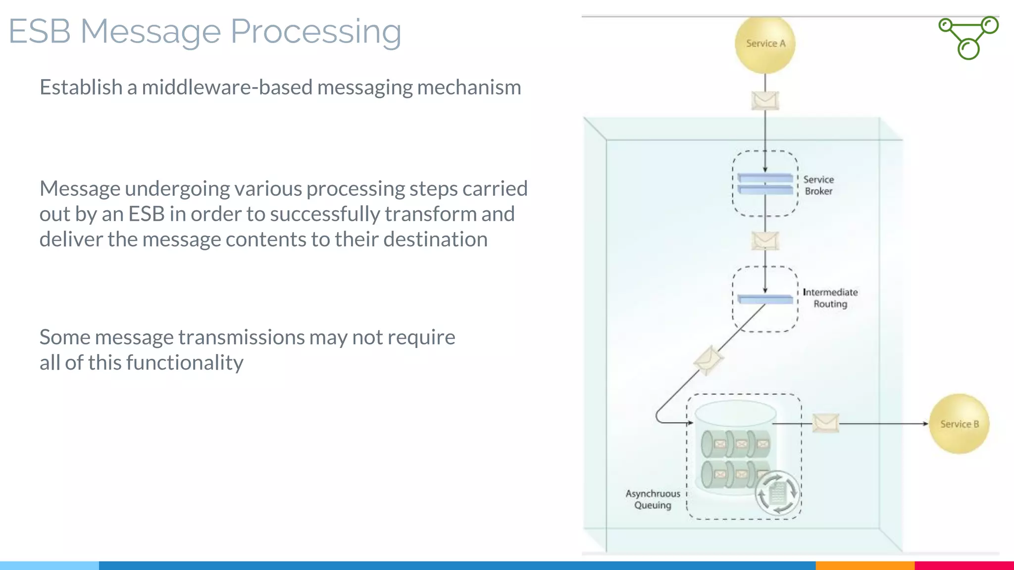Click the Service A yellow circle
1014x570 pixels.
[765, 44]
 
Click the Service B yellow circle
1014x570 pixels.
[959, 424]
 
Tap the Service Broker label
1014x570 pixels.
[818, 185]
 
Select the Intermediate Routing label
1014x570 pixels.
[830, 298]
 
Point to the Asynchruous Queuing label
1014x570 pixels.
[653, 499]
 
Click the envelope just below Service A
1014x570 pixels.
[765, 100]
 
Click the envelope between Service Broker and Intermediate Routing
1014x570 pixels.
[765, 241]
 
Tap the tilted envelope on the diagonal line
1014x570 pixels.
[708, 360]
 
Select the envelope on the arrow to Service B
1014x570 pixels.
[826, 423]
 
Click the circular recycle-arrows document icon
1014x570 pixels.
[777, 493]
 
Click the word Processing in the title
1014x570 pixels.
[316, 32]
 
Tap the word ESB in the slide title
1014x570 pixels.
[40, 32]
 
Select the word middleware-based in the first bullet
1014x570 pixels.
[227, 88]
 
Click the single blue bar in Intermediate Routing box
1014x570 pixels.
[765, 299]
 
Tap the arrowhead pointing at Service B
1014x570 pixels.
[925, 424]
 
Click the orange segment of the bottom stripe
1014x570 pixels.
[864, 565]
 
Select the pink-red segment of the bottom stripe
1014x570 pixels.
[964, 565]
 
